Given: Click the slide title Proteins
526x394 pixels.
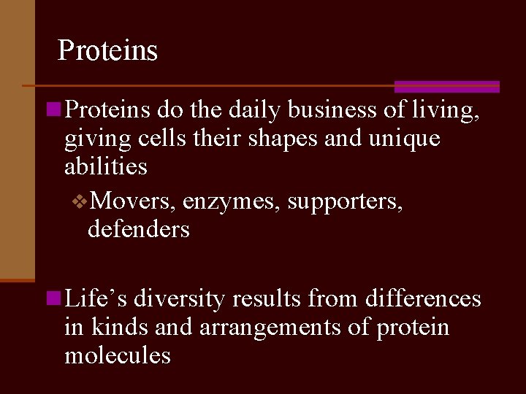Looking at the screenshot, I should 107,50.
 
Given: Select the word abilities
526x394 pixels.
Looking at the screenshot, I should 106,166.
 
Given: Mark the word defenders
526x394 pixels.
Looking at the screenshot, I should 138,229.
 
